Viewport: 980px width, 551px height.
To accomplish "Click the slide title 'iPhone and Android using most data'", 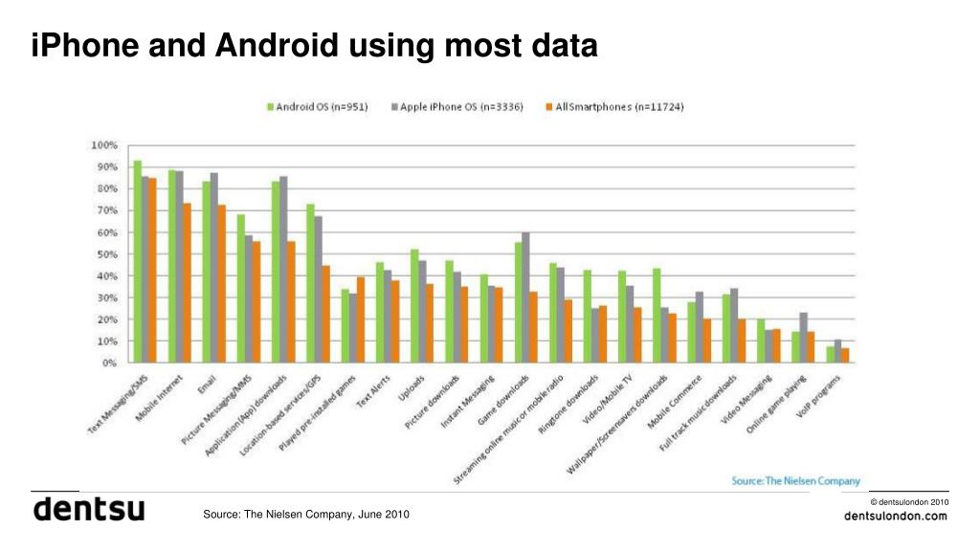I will point(314,45).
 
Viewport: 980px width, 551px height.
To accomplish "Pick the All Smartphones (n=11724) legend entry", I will point(612,106).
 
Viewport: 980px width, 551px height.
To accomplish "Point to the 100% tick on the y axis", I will point(104,145).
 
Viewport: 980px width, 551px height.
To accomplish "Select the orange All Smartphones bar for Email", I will point(221,283).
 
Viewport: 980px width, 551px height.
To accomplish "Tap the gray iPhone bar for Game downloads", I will point(524,298).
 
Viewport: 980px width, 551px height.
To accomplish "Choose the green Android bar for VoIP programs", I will point(831,354).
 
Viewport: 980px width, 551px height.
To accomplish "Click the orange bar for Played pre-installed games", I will point(361,320).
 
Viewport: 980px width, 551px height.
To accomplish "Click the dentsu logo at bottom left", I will point(89,510).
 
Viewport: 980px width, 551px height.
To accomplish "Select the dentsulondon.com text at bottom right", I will point(896,517).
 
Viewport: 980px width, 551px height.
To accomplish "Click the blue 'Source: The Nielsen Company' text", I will point(795,480).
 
